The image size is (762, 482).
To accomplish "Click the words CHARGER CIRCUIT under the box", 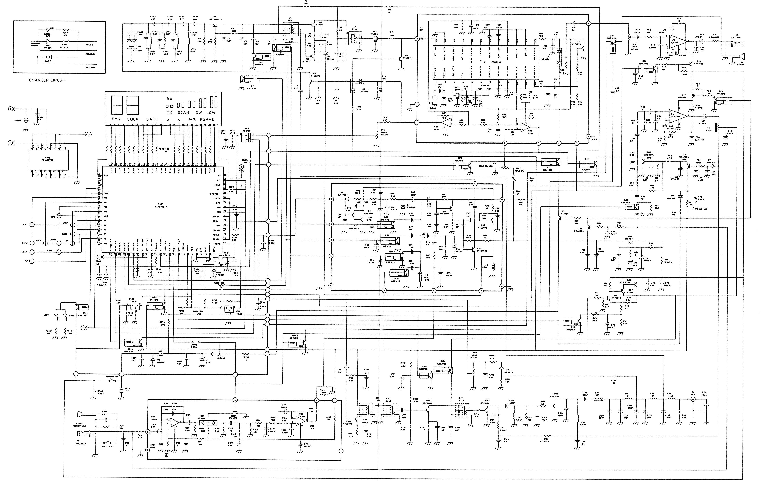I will pos(47,80).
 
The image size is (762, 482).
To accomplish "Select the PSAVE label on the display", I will pos(207,119).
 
